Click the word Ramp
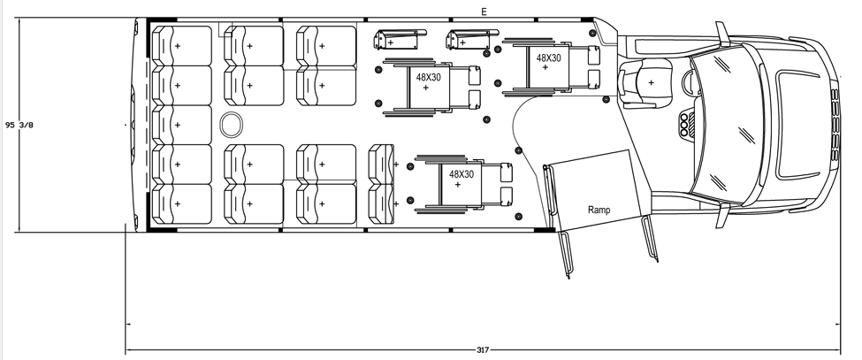(x=601, y=211)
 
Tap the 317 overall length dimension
(x=483, y=350)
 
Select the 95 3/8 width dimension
(x=19, y=125)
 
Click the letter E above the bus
(x=484, y=11)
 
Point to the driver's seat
(x=649, y=81)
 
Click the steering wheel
(x=690, y=82)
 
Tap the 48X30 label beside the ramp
(x=462, y=174)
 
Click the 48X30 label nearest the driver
(x=548, y=57)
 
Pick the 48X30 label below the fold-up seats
(x=429, y=78)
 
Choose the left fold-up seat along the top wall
(x=394, y=41)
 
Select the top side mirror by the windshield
(x=722, y=35)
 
